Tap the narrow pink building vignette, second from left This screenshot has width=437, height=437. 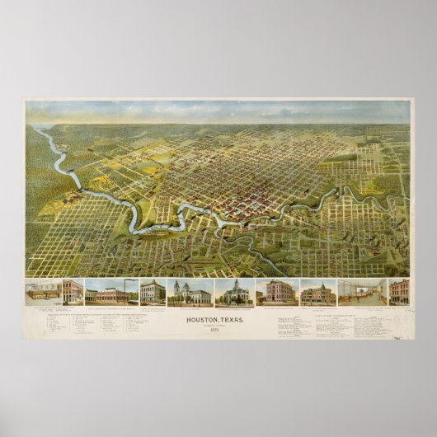pos(73,291)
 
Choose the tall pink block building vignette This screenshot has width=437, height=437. pos(277,291)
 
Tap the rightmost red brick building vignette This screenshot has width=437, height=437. pos(398,292)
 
